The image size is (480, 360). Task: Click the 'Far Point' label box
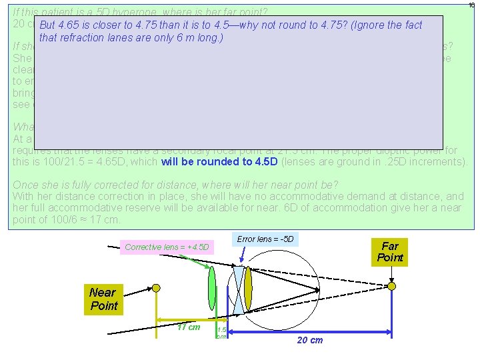[389, 252]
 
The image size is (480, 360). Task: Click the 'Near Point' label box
[103, 299]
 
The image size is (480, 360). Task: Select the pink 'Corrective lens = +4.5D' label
[167, 247]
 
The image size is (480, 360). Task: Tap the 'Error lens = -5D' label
[265, 239]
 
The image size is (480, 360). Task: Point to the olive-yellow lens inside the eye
[248, 287]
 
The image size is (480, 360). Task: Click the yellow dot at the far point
[392, 286]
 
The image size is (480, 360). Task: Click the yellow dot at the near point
[156, 287]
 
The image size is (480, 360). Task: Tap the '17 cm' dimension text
[189, 327]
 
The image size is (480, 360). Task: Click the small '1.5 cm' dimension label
[221, 332]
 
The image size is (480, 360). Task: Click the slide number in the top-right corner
[471, 5]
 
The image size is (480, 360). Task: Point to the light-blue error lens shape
[239, 287]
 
